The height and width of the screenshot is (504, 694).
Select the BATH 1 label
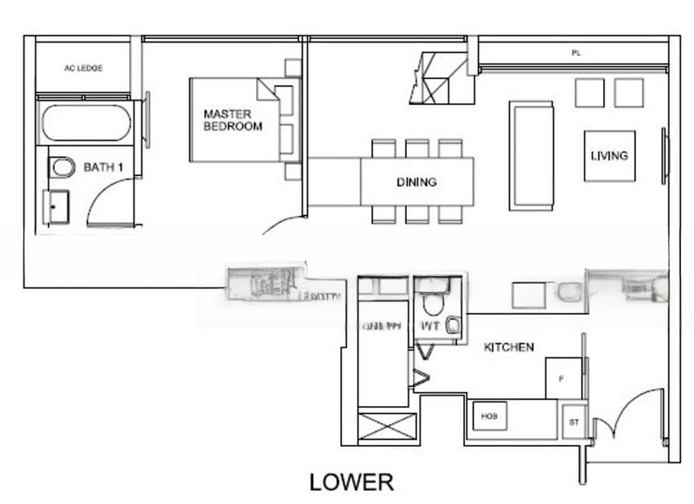[102, 167]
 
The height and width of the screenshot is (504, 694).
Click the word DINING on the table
[416, 182]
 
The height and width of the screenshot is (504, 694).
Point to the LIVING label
[609, 156]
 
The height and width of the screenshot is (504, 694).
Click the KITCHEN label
[508, 347]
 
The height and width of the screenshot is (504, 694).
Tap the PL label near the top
[575, 54]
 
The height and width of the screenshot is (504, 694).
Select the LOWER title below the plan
[351, 482]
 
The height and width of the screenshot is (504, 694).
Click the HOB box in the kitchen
[488, 416]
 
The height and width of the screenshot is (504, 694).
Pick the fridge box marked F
[561, 378]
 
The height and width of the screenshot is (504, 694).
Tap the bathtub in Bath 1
[85, 123]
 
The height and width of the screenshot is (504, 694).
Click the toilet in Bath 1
[62, 167]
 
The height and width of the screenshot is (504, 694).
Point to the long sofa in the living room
[531, 155]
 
